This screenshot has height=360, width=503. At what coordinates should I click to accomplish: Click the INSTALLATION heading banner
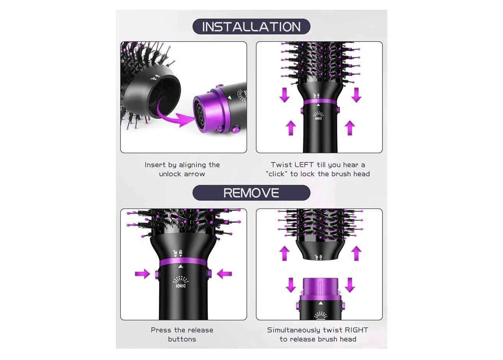(251, 26)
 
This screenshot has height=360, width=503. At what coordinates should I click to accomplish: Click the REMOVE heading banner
(251, 192)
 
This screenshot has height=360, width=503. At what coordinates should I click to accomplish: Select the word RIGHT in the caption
(356, 330)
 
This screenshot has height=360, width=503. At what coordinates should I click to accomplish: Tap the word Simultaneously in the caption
(294, 330)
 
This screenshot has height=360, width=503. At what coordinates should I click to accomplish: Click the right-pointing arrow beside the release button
(143, 274)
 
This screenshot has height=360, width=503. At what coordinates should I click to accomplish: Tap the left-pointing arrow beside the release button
(225, 274)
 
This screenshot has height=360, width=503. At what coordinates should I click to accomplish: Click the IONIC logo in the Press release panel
(181, 282)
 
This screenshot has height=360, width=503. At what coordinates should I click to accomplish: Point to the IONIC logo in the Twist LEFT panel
(319, 116)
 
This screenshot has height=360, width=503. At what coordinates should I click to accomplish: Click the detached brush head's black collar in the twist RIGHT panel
(320, 250)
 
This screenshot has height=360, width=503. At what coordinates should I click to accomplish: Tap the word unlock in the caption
(171, 174)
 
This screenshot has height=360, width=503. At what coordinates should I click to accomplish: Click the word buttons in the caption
(182, 339)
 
